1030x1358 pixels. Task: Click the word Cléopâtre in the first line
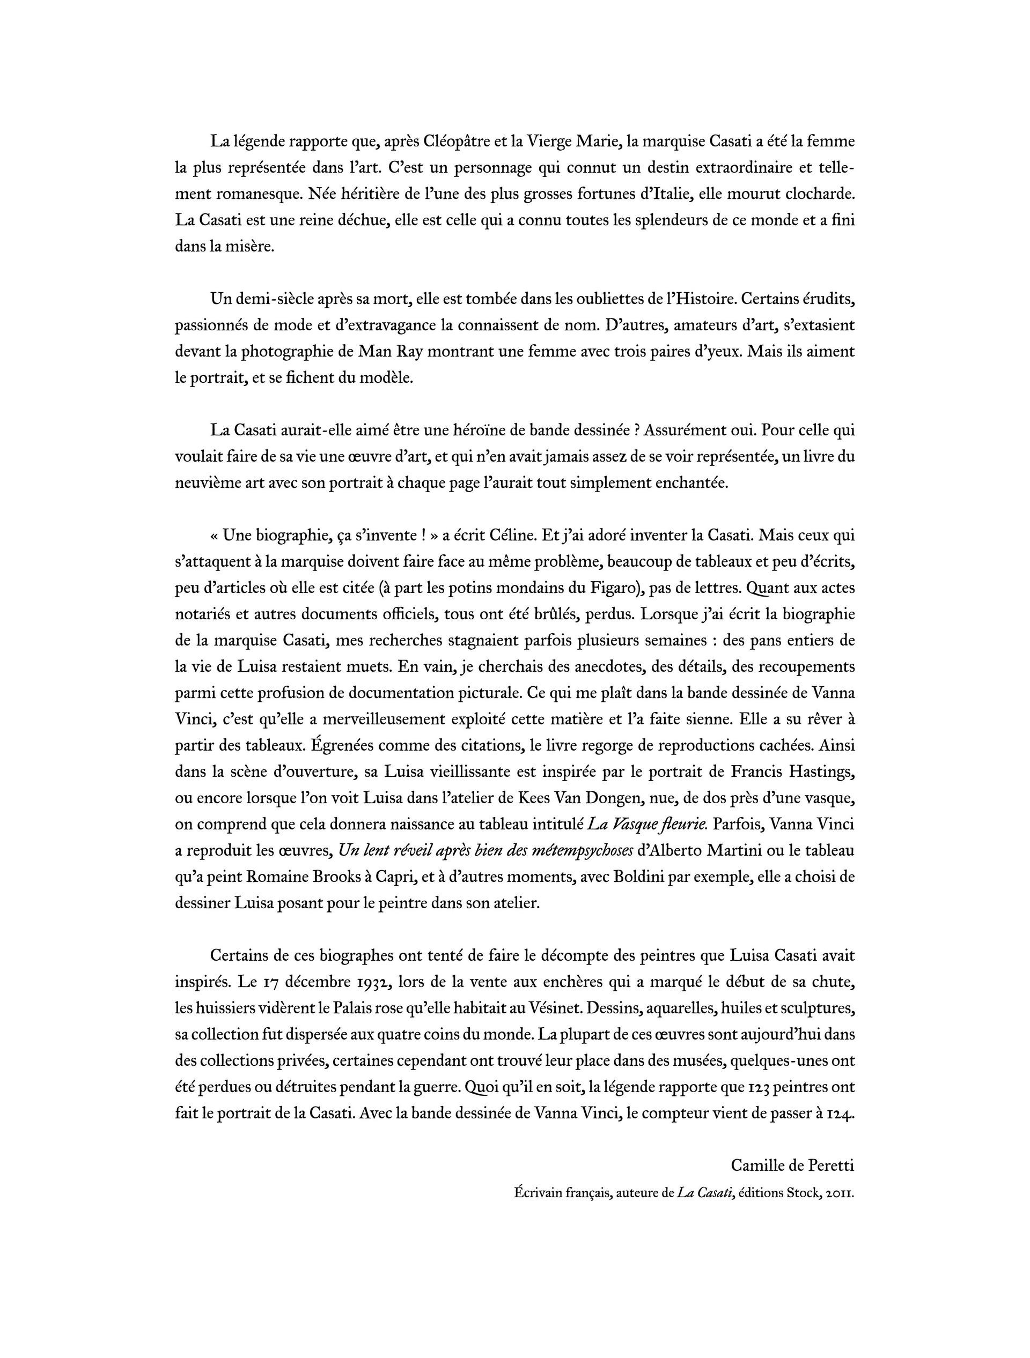click(x=457, y=141)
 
